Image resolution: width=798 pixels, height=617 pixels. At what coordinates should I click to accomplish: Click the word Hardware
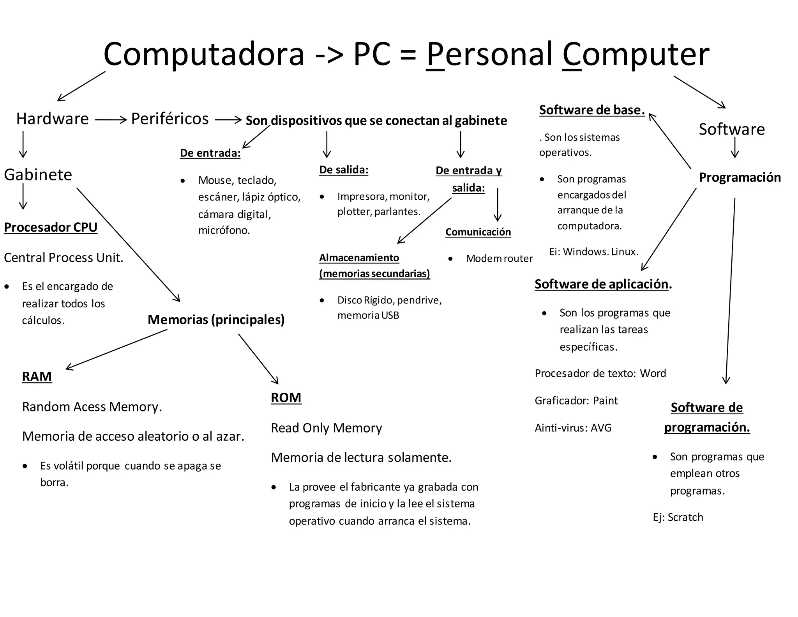pyautogui.click(x=52, y=119)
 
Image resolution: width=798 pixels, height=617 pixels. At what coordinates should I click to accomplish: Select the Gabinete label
pyautogui.click(x=38, y=175)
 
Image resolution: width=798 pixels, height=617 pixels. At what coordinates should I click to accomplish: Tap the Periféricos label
pyautogui.click(x=170, y=119)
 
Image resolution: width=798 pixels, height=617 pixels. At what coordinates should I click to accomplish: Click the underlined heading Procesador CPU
pyautogui.click(x=51, y=227)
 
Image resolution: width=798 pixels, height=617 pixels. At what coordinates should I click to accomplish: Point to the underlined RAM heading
pyautogui.click(x=37, y=376)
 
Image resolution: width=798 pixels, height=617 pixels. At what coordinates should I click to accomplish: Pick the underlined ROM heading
pyautogui.click(x=286, y=397)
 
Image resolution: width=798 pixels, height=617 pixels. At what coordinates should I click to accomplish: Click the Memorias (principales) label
pyautogui.click(x=216, y=320)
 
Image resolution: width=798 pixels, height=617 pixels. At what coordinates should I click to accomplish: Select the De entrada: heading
pyautogui.click(x=210, y=153)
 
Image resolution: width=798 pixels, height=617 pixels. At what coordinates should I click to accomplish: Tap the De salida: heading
pyautogui.click(x=344, y=170)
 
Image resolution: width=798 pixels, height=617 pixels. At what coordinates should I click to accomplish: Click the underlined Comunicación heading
pyautogui.click(x=478, y=232)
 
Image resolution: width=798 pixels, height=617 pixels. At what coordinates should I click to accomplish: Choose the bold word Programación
pyautogui.click(x=740, y=177)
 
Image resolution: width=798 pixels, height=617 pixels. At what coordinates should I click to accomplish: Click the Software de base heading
pyautogui.click(x=592, y=110)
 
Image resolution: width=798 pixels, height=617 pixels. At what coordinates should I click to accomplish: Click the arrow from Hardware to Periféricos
pyautogui.click(x=111, y=120)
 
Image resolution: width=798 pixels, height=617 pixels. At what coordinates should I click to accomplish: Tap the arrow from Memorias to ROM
pyautogui.click(x=258, y=359)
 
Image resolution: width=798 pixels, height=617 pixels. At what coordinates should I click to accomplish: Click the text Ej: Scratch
pyautogui.click(x=678, y=517)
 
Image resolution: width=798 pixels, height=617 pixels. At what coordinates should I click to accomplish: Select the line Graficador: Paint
pyautogui.click(x=576, y=401)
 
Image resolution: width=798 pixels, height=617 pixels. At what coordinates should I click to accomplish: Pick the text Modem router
pyautogui.click(x=499, y=259)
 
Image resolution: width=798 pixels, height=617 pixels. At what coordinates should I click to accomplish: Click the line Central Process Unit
pyautogui.click(x=64, y=258)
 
